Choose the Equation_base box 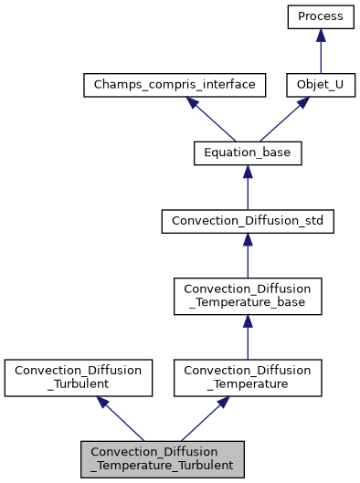pyautogui.click(x=249, y=153)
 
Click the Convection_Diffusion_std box pyautogui.click(x=249, y=221)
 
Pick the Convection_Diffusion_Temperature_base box pyautogui.click(x=249, y=296)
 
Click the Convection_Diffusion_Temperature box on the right pyautogui.click(x=249, y=377)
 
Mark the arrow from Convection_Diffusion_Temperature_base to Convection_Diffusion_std pyautogui.click(x=249, y=255)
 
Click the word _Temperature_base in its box pyautogui.click(x=249, y=303)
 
